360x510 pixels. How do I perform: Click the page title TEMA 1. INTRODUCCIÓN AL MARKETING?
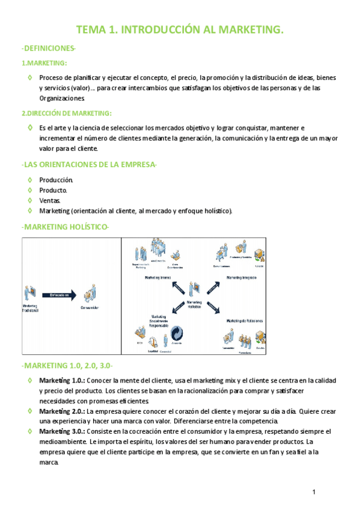pyautogui.click(x=180, y=30)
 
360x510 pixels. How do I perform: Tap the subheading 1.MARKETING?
pyautogui.click(x=44, y=63)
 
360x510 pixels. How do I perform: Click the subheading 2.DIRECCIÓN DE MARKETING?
pyautogui.click(x=66, y=113)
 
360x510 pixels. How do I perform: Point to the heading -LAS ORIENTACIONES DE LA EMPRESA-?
pyautogui.click(x=89, y=164)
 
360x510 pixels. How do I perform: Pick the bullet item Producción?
pyautogui.click(x=56, y=180)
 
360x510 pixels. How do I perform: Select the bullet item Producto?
pyautogui.click(x=53, y=190)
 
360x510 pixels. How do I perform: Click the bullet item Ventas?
pyautogui.click(x=50, y=200)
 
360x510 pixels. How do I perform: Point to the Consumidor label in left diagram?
pyautogui.click(x=90, y=308)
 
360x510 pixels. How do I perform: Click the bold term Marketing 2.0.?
pyautogui.click(x=63, y=411)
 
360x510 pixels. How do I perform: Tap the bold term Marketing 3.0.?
pyautogui.click(x=63, y=431)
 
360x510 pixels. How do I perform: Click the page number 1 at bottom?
pyautogui.click(x=314, y=493)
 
